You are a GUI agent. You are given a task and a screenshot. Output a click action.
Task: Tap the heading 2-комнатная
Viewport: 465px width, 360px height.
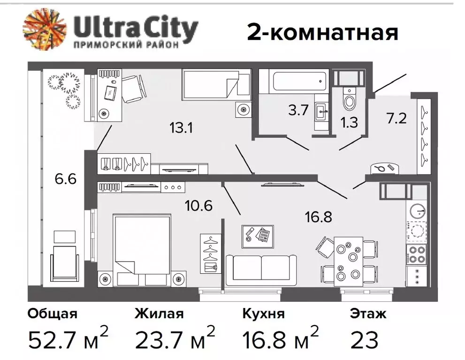[322, 32]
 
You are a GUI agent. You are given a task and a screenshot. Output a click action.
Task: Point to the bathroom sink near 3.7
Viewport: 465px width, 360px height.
[322, 112]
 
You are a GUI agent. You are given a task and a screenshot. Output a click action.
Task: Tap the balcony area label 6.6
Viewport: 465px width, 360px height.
[65, 179]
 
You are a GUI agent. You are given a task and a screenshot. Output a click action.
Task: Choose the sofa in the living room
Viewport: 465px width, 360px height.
[261, 270]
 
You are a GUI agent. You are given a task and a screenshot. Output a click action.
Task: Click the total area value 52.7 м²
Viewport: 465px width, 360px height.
[68, 339]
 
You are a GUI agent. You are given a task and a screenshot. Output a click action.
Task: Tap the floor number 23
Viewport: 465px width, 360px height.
[364, 339]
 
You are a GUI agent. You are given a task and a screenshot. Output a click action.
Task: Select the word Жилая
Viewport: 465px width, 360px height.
[159, 314]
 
